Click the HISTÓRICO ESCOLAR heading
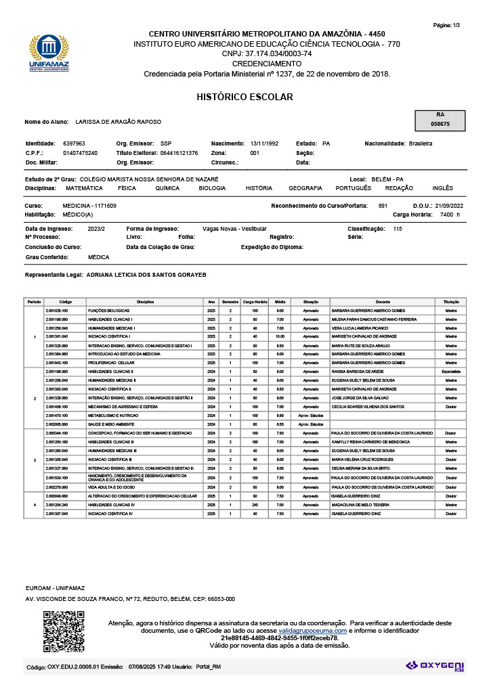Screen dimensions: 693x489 click(x=244, y=97)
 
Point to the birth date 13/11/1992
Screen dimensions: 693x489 click(x=264, y=143)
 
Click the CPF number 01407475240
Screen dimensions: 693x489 click(x=80, y=153)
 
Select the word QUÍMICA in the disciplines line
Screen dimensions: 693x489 click(x=167, y=188)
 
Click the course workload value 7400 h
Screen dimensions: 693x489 click(x=449, y=215)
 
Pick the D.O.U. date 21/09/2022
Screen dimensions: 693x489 click(x=448, y=206)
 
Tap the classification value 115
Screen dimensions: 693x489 click(x=398, y=229)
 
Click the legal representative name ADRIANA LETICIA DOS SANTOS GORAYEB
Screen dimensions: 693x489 click(x=146, y=275)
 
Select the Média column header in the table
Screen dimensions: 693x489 click(x=280, y=301)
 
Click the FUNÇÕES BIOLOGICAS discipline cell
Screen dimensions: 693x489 click(x=109, y=310)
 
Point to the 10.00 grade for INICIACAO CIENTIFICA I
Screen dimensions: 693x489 click(x=280, y=336)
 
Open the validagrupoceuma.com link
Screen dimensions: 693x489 click(x=312, y=630)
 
